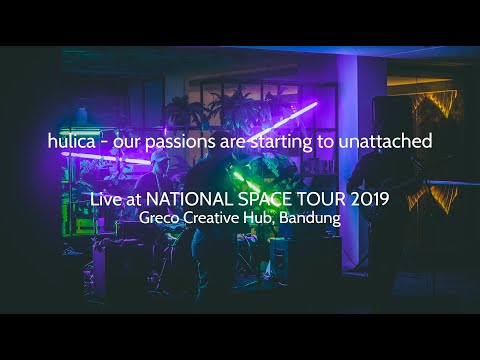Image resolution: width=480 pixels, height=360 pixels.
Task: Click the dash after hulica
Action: click(104, 143)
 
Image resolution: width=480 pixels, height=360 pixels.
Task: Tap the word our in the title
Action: click(127, 143)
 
